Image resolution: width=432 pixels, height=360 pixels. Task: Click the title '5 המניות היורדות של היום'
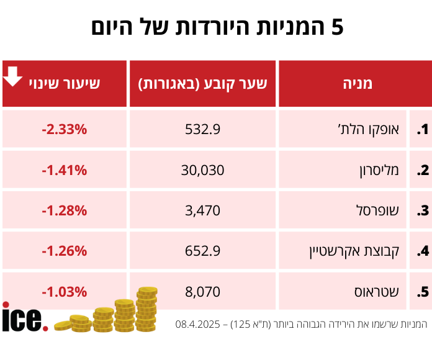[217, 28]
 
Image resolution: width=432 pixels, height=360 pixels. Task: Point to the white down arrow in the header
[13, 76]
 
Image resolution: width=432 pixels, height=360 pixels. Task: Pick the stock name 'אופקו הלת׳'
[374, 130]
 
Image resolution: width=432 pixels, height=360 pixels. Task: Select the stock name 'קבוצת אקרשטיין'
[354, 251]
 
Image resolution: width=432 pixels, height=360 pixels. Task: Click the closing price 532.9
[202, 130]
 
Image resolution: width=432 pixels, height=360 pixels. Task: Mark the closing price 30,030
[202, 170]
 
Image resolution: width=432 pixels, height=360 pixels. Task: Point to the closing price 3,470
[202, 210]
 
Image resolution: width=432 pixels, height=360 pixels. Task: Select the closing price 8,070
[202, 291]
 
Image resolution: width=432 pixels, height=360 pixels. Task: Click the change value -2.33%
[65, 130]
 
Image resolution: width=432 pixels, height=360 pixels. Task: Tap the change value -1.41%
[65, 170]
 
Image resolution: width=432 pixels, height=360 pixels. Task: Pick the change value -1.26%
[65, 251]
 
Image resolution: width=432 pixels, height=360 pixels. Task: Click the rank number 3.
[423, 210]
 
